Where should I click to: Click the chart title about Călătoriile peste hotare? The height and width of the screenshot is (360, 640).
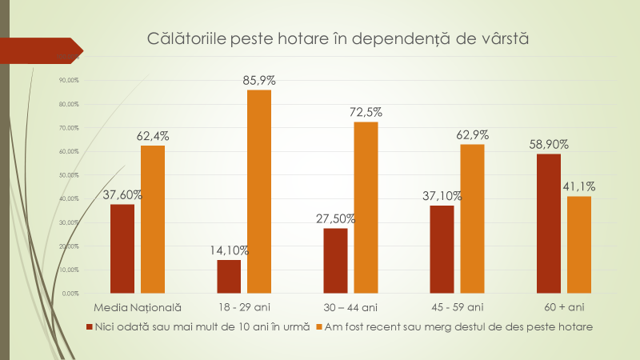pos(339,39)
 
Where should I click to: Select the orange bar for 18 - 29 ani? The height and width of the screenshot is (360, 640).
pos(259,191)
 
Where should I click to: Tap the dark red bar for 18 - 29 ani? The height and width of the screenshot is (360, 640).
pos(229,276)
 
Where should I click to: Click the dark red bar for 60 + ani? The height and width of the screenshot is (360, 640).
pos(548,223)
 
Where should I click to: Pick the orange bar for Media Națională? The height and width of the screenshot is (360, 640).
pos(153,219)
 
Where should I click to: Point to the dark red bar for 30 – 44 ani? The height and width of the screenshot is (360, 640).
pos(335,261)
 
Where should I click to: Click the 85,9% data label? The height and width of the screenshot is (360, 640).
pos(259,80)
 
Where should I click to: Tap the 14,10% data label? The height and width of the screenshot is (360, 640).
pos(228,250)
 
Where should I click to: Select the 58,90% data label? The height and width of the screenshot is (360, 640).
pos(548,144)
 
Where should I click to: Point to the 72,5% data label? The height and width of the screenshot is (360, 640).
pos(366,112)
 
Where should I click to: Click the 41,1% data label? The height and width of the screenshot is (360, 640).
pos(578,186)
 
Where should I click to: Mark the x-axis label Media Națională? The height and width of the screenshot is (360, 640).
pos(138,307)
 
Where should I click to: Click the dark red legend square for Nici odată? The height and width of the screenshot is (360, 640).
pos(89,326)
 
